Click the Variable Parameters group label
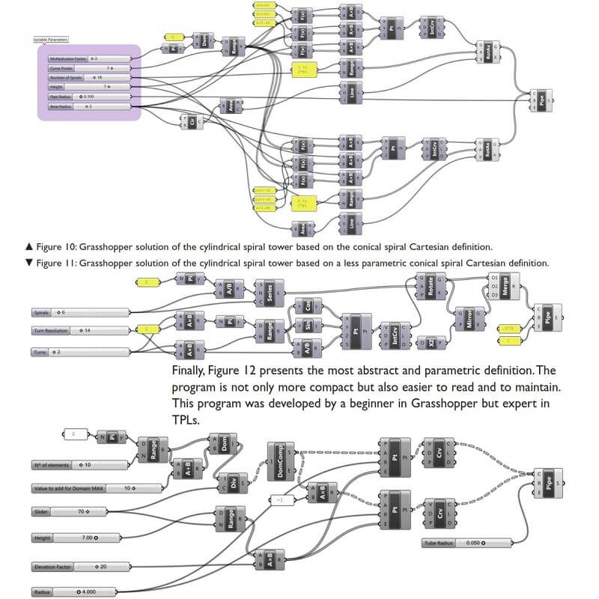(x=51, y=39)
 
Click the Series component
(x=267, y=291)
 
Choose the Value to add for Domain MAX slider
(x=97, y=488)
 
